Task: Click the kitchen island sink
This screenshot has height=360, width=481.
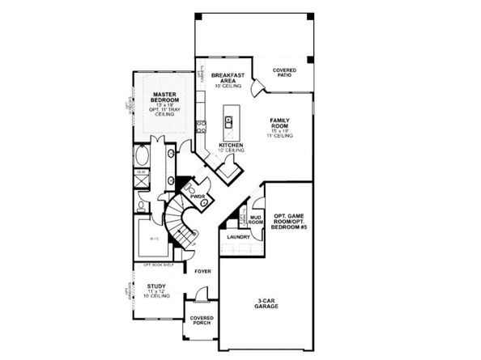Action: pyautogui.click(x=229, y=123)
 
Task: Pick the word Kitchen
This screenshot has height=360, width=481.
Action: pyautogui.click(x=231, y=146)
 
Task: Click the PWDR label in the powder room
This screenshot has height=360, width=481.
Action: pyautogui.click(x=196, y=197)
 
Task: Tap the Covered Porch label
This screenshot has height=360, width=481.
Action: pyautogui.click(x=202, y=320)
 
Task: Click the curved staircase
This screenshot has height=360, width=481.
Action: pyautogui.click(x=181, y=223)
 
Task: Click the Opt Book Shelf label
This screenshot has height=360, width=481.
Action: pyautogui.click(x=159, y=265)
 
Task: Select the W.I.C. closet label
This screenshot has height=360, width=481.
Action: pyautogui.click(x=153, y=239)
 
